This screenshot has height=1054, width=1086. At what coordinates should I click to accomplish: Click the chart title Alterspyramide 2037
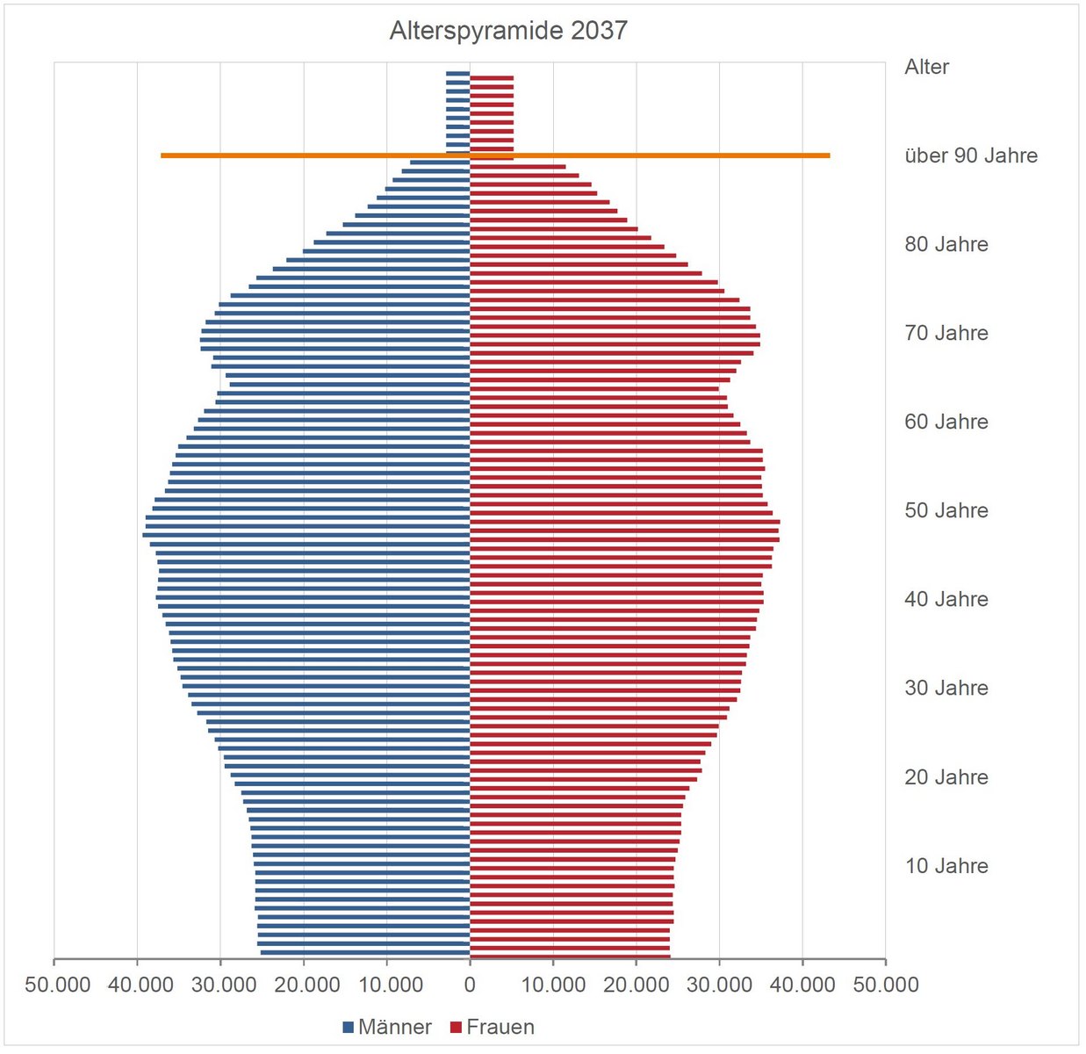pyautogui.click(x=508, y=31)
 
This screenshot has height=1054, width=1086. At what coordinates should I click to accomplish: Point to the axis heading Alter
pyautogui.click(x=926, y=67)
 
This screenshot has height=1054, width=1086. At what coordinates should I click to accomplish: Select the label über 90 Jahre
pyautogui.click(x=970, y=155)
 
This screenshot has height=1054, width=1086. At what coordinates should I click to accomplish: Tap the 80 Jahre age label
pyautogui.click(x=946, y=244)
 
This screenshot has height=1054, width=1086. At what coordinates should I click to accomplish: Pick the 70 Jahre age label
pyautogui.click(x=946, y=333)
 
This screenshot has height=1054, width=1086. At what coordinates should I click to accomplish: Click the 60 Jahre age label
pyautogui.click(x=946, y=422)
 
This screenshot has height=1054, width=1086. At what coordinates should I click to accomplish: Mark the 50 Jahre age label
pyautogui.click(x=946, y=510)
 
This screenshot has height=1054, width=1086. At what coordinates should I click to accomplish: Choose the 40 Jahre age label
pyautogui.click(x=946, y=599)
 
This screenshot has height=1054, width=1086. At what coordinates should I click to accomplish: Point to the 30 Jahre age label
pyautogui.click(x=946, y=688)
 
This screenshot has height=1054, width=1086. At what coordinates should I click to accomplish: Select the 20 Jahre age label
pyautogui.click(x=946, y=777)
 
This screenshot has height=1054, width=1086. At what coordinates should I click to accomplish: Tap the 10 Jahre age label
pyautogui.click(x=946, y=866)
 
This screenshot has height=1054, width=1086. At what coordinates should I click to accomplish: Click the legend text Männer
pyautogui.click(x=395, y=1027)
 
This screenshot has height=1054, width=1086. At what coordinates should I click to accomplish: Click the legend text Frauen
pyautogui.click(x=500, y=1027)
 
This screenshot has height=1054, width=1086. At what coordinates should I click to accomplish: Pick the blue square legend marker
pyautogui.click(x=349, y=1027)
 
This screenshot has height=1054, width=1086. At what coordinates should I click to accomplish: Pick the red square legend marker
pyautogui.click(x=456, y=1027)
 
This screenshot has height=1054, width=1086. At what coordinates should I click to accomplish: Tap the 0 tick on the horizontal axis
pyautogui.click(x=470, y=985)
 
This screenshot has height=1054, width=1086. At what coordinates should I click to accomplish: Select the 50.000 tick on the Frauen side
pyautogui.click(x=885, y=985)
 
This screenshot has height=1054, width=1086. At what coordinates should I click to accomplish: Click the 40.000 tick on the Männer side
pyautogui.click(x=140, y=985)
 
